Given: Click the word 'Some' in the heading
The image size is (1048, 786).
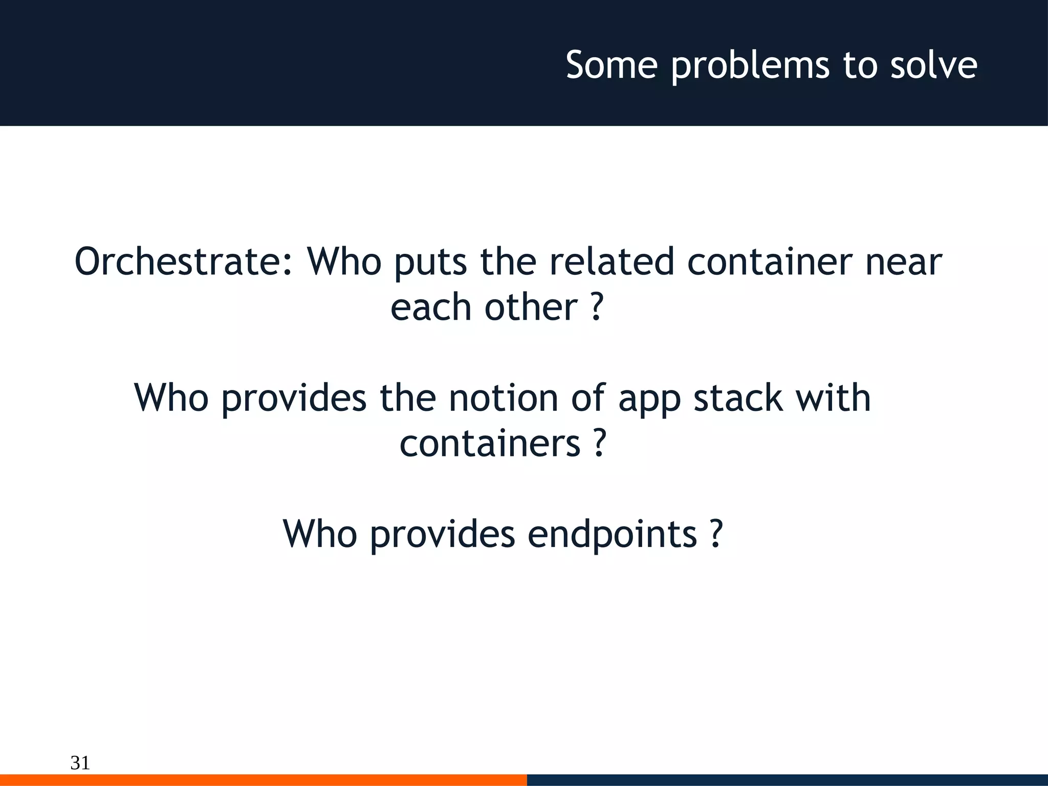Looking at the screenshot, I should click(x=612, y=65).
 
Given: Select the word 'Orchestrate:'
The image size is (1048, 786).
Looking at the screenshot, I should click(x=184, y=261).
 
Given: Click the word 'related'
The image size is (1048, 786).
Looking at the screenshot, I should click(x=612, y=261).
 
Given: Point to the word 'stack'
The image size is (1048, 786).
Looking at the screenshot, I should click(x=738, y=398).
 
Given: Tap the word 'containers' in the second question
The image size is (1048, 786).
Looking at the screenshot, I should click(x=490, y=443).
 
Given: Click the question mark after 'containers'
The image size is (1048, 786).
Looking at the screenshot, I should click(x=600, y=443).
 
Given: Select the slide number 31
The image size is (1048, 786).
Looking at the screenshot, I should click(x=80, y=762).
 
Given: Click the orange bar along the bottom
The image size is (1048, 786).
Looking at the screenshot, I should click(x=263, y=780).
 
